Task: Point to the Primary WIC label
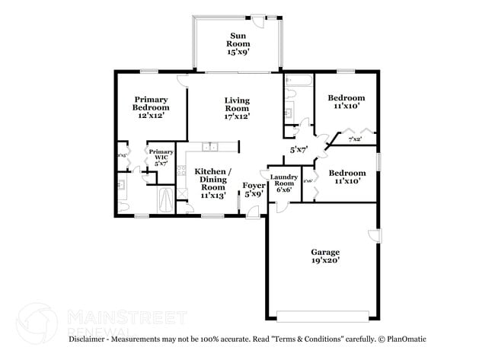pos(160,155)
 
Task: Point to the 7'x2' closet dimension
pos(355,139)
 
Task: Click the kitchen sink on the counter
pos(211,146)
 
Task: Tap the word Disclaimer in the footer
pos(91,339)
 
